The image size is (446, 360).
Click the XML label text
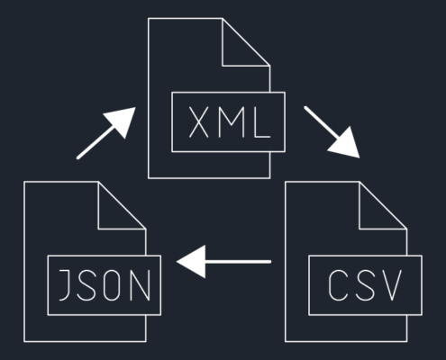(230, 122)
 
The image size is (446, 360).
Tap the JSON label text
(105, 285)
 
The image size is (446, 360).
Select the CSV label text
(365, 285)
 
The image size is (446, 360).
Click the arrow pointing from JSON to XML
(106, 133)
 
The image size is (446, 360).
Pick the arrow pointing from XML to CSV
(332, 131)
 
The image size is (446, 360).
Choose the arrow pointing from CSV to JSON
(223, 262)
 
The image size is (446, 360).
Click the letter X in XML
(198, 122)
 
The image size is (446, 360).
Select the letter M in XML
(232, 122)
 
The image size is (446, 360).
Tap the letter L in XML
(262, 122)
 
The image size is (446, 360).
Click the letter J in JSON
(65, 285)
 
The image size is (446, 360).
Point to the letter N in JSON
(141, 285)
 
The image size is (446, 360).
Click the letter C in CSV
(338, 285)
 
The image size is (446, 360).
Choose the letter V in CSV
(392, 285)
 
